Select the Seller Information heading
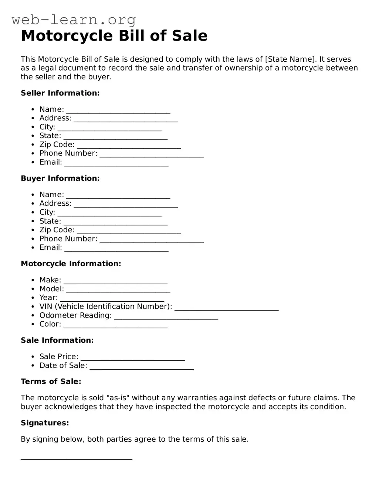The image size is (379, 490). pos(60,93)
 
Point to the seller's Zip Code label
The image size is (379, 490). pos(57,145)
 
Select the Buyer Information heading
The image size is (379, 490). pos(60,178)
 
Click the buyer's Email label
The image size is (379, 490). pos(51,248)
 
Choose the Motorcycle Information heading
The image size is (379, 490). pos(71,264)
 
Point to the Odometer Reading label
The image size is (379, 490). pos(75,315)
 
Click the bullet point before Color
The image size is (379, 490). pos(33,325)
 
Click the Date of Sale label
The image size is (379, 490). pos(63,366)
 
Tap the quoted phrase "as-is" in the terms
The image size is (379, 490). pos(118,398)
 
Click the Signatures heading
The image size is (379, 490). pos(45,423)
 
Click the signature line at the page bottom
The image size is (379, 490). pos(77,458)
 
